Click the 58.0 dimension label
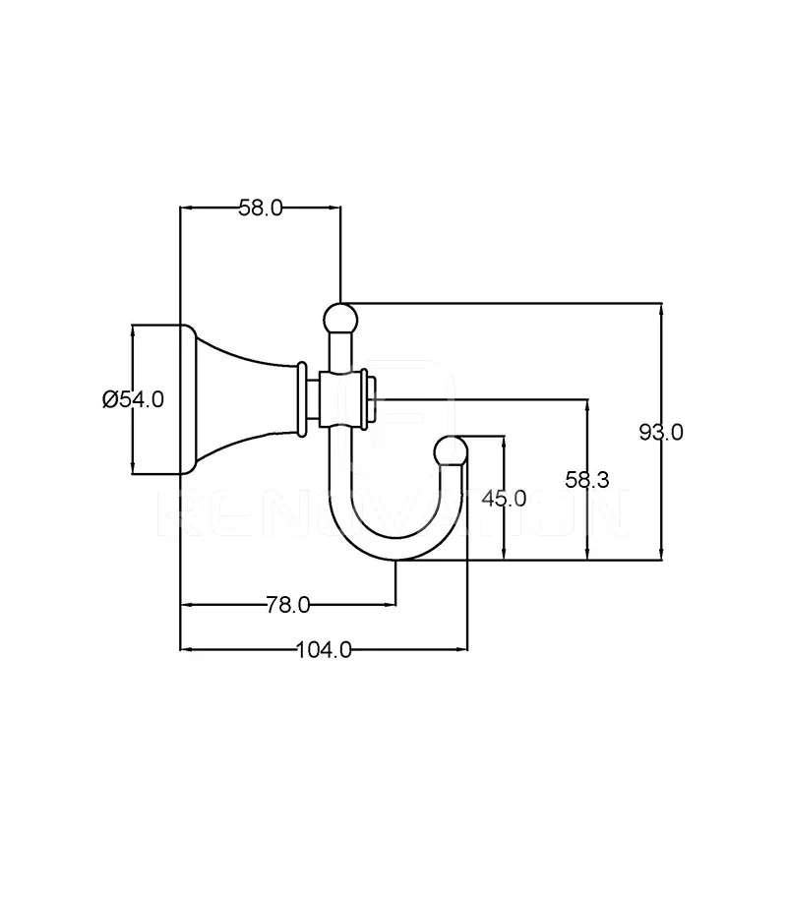click(x=260, y=208)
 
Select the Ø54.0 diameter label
click(x=133, y=398)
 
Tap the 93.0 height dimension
click(x=661, y=432)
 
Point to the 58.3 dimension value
click(x=587, y=479)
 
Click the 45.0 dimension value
click(x=504, y=499)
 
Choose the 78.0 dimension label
click(x=287, y=605)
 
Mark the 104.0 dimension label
click(x=324, y=649)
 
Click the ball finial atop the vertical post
click(x=340, y=319)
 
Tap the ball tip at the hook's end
click(x=451, y=449)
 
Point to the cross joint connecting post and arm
click(x=339, y=399)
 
